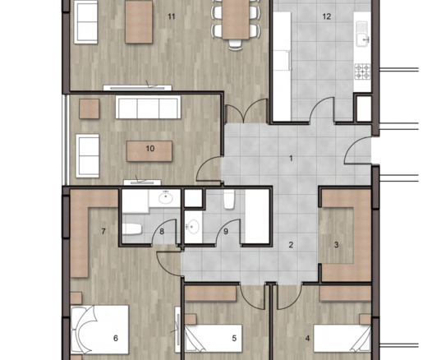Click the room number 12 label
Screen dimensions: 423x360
327,16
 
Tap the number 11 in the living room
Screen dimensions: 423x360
172,16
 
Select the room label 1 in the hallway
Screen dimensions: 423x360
291,159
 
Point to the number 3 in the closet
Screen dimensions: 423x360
337,245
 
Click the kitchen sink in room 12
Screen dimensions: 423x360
363,35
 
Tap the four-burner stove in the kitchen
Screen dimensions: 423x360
363,72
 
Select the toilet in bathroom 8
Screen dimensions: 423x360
131,229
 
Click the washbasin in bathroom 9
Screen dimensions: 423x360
193,227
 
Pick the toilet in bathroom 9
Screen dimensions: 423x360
229,200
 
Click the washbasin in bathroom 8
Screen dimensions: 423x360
165,197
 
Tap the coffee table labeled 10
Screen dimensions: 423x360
149,151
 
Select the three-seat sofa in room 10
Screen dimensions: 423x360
148,107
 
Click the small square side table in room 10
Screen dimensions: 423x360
90,108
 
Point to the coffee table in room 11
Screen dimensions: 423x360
139,22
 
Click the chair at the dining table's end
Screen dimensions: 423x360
236,44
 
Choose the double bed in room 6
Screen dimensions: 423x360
99,330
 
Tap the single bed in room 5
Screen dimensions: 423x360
214,339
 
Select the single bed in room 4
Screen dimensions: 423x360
342,339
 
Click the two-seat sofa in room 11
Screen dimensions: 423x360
85,22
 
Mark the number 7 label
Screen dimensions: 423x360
103,232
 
